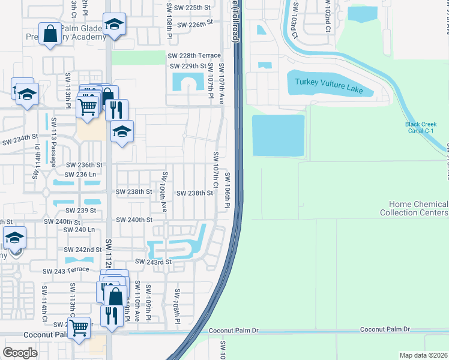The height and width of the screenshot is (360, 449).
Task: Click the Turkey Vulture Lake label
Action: click(330, 86)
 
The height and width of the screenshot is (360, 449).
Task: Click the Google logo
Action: click(20, 353)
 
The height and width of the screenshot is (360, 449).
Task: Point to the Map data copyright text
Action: click(424, 355)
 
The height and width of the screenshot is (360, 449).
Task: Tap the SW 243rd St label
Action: click(154, 262)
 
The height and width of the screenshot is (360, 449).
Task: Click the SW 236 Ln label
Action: click(80, 174)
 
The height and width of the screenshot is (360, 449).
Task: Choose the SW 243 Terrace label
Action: click(66, 271)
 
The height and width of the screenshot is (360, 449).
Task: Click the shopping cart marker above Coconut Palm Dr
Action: click(79, 328)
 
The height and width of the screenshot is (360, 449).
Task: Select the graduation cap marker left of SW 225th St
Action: click(114, 24)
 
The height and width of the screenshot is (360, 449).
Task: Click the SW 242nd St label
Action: click(84, 250)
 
